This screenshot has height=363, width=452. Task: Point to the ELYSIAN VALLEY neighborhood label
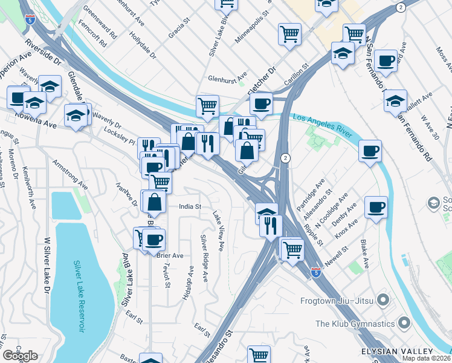click(396, 352)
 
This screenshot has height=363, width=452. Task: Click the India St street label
click(189, 206)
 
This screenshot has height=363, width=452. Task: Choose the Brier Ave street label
click(170, 255)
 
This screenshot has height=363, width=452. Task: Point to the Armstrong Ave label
click(71, 175)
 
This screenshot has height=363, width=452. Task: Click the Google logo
click(20, 356)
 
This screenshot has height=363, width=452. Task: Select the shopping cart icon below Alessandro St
click(259, 355)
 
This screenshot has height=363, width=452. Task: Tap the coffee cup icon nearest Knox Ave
click(376, 207)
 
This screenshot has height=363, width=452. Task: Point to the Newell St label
click(338, 249)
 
